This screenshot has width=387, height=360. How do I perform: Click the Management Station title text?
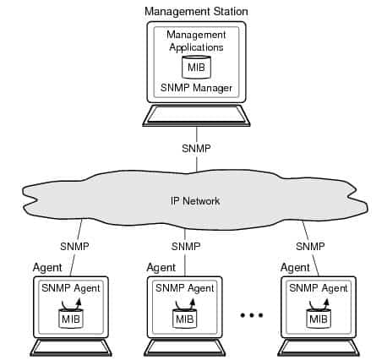tap(196, 11)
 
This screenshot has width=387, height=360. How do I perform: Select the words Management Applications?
tap(196, 41)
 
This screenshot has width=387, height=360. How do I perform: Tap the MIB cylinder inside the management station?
tap(196, 68)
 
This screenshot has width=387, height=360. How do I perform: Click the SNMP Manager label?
tap(196, 88)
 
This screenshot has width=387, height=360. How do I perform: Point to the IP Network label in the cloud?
tap(193, 202)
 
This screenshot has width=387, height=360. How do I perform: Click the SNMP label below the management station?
tap(196, 148)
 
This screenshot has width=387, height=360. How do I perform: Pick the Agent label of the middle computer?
tap(161, 267)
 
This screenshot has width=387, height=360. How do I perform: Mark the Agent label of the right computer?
tap(294, 267)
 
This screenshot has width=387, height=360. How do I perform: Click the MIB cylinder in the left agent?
tap(71, 319)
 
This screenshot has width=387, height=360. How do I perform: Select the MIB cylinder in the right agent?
tap(319, 319)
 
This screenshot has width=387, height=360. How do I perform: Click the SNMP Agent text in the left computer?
tap(71, 288)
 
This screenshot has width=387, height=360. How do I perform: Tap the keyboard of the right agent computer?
tap(319, 347)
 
